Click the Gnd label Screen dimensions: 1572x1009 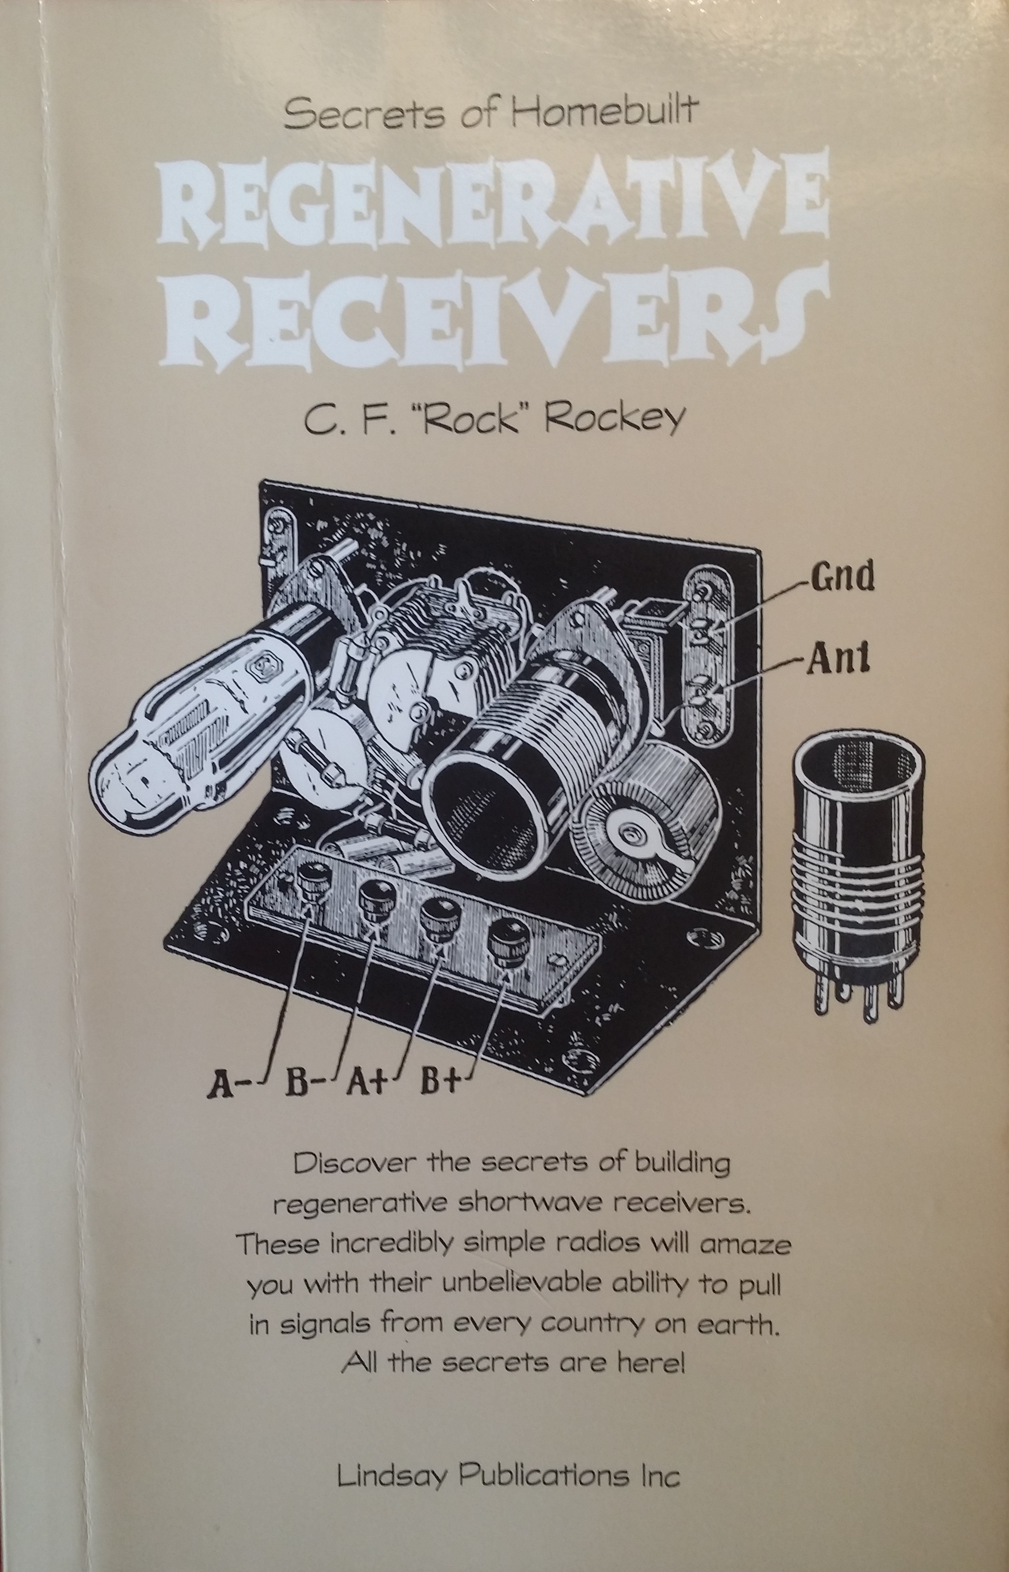click(x=842, y=576)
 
